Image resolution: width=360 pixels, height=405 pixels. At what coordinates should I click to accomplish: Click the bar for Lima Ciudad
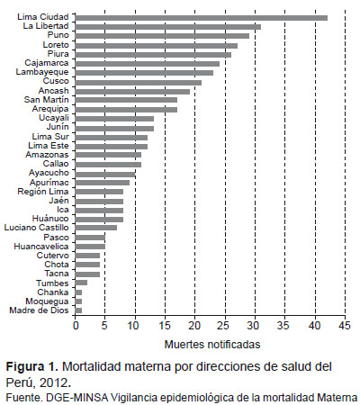(202, 18)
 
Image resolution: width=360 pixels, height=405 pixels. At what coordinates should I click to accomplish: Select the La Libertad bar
(168, 27)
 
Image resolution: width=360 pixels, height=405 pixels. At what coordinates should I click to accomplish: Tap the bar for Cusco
(139, 83)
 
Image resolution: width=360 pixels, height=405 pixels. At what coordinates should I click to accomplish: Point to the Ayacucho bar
(105, 174)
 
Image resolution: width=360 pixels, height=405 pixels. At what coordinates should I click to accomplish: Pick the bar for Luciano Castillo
(96, 228)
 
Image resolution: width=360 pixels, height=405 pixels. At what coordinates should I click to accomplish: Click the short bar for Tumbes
(81, 283)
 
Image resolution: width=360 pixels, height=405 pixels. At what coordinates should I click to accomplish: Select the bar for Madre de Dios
(78, 310)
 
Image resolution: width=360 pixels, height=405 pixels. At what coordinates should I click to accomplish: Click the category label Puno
(58, 35)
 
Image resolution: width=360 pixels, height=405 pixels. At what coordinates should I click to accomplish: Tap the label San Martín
(47, 99)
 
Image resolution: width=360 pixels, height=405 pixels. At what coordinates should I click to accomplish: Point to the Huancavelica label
(41, 247)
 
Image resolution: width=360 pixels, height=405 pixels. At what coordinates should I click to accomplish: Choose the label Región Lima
(43, 192)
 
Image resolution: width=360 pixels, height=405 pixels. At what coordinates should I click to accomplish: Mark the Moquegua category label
(47, 301)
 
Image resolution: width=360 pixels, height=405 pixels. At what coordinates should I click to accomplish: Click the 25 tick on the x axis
(225, 326)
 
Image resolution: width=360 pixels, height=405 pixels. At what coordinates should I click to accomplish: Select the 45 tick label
(346, 326)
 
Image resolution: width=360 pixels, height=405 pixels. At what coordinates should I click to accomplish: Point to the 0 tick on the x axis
(76, 326)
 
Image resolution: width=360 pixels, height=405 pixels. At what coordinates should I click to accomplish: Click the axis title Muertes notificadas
(212, 345)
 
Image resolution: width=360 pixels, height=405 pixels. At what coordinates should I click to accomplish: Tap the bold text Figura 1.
(32, 366)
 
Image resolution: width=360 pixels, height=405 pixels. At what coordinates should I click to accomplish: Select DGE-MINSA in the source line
(77, 398)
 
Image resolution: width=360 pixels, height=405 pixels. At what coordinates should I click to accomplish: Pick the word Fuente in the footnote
(24, 398)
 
